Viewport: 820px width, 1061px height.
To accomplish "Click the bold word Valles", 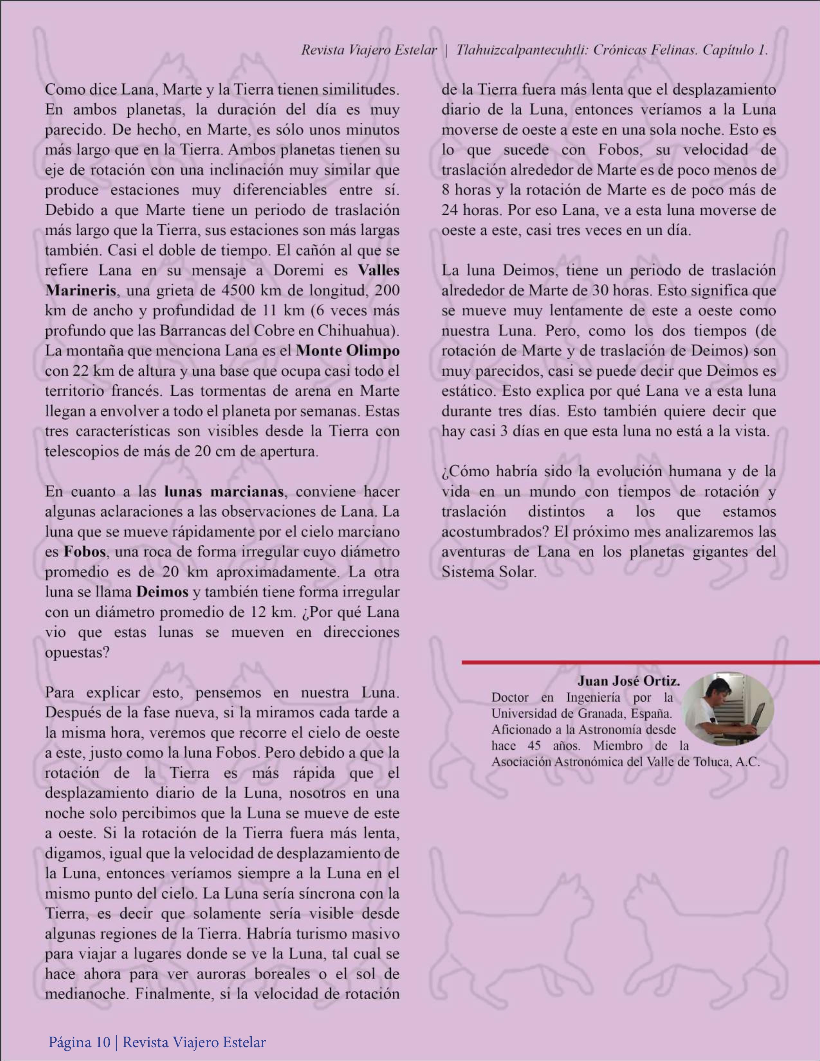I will pos(379,271).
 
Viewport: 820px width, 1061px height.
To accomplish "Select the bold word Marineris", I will pos(81,291).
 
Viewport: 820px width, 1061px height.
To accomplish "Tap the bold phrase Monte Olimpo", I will pos(348,351).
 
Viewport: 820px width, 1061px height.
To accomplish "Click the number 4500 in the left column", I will pos(239,291).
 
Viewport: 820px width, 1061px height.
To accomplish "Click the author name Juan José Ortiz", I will pos(628,681).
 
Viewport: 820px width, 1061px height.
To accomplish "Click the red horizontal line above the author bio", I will pos(632,662).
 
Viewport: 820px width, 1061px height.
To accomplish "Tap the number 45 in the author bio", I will pos(535,746).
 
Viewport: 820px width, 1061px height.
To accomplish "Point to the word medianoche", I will pos(86,994).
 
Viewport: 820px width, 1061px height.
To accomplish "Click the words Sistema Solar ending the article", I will pos(488,572).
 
